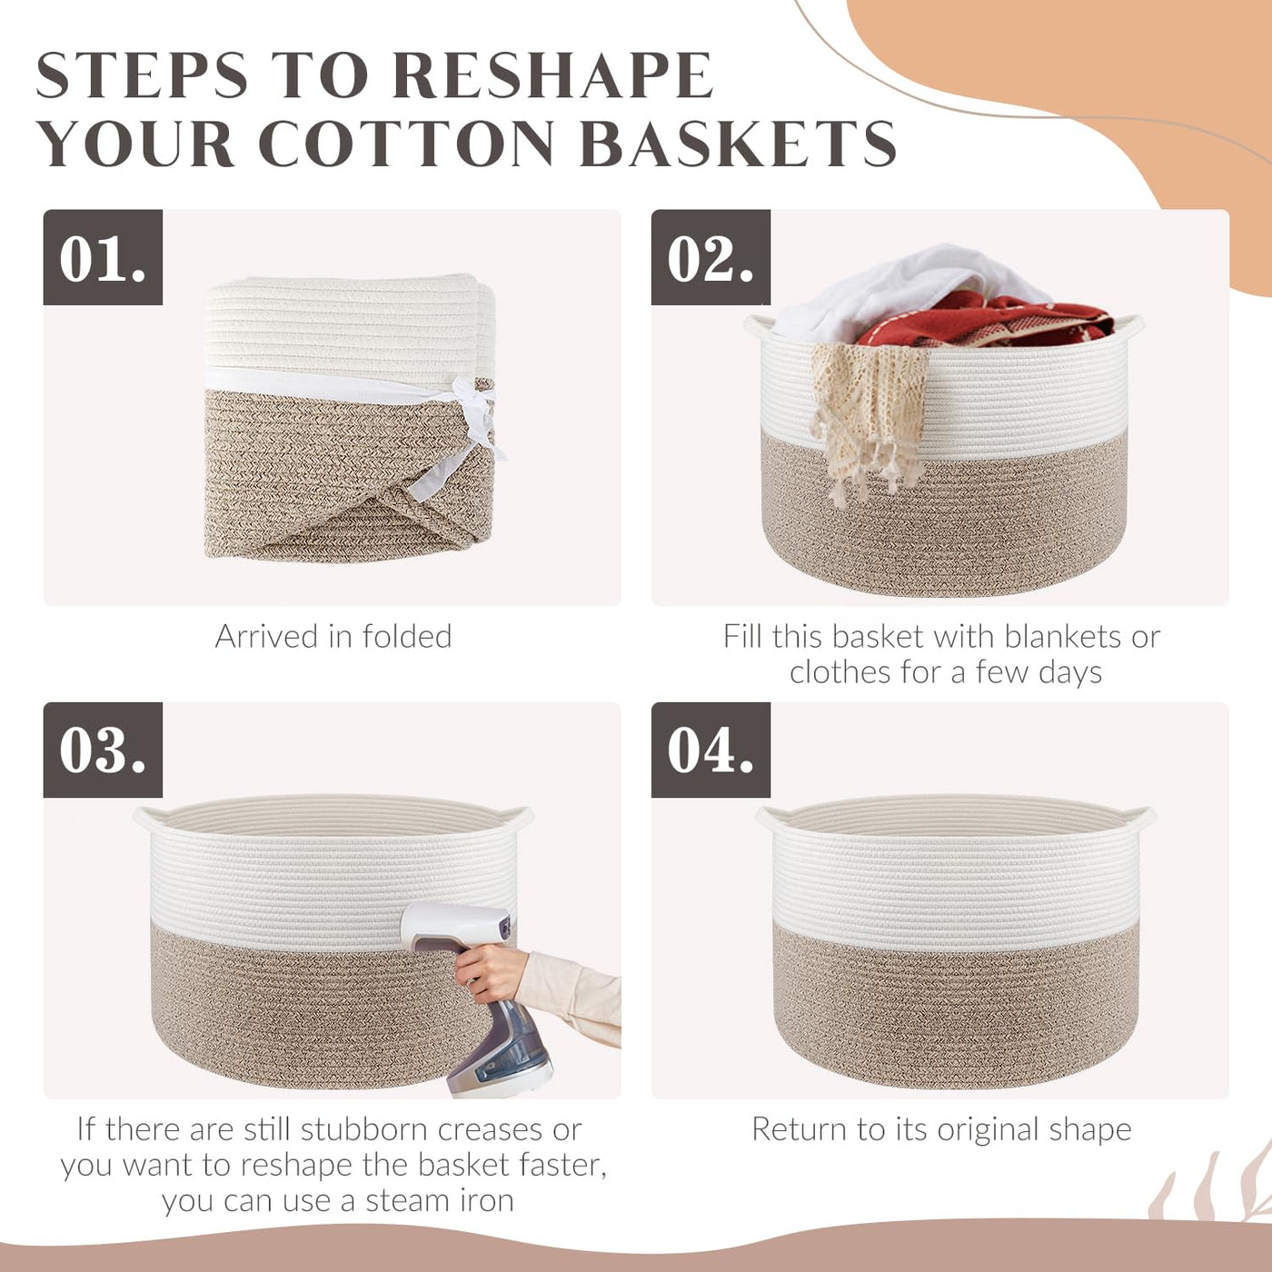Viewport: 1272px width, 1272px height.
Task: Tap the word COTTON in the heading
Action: (406, 144)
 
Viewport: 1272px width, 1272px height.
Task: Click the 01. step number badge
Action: (103, 257)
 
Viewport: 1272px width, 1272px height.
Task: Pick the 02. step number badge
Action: (711, 257)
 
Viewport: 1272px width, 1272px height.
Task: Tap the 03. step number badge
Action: (103, 750)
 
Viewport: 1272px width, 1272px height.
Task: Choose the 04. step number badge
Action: (711, 750)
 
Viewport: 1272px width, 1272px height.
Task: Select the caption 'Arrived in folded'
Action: (333, 637)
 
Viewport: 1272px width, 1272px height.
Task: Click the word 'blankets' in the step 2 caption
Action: (914, 637)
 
